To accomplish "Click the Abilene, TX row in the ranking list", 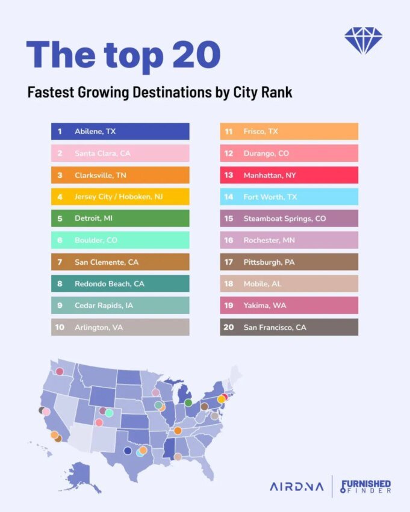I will coord(120,131).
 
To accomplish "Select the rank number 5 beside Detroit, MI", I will coord(60,218).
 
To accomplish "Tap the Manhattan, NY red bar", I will coord(289,175).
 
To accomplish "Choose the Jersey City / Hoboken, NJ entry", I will coord(120,197).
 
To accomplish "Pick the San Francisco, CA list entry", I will coord(289,327).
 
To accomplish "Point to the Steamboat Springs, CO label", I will coord(284,218).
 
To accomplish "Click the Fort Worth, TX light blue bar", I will coord(289,197).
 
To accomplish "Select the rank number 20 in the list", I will coord(229,327).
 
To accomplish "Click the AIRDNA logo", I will coord(296,486).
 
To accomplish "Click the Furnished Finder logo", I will coord(366,486).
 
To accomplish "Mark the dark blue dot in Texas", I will coord(127,451).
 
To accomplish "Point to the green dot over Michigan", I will coord(188,402).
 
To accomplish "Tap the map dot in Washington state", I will coord(60,371).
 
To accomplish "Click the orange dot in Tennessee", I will coord(178,431).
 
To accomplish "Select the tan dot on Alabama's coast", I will coord(178,457).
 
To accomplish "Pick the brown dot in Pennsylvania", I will coord(204,407).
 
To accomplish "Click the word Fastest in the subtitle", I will coord(51,93).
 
